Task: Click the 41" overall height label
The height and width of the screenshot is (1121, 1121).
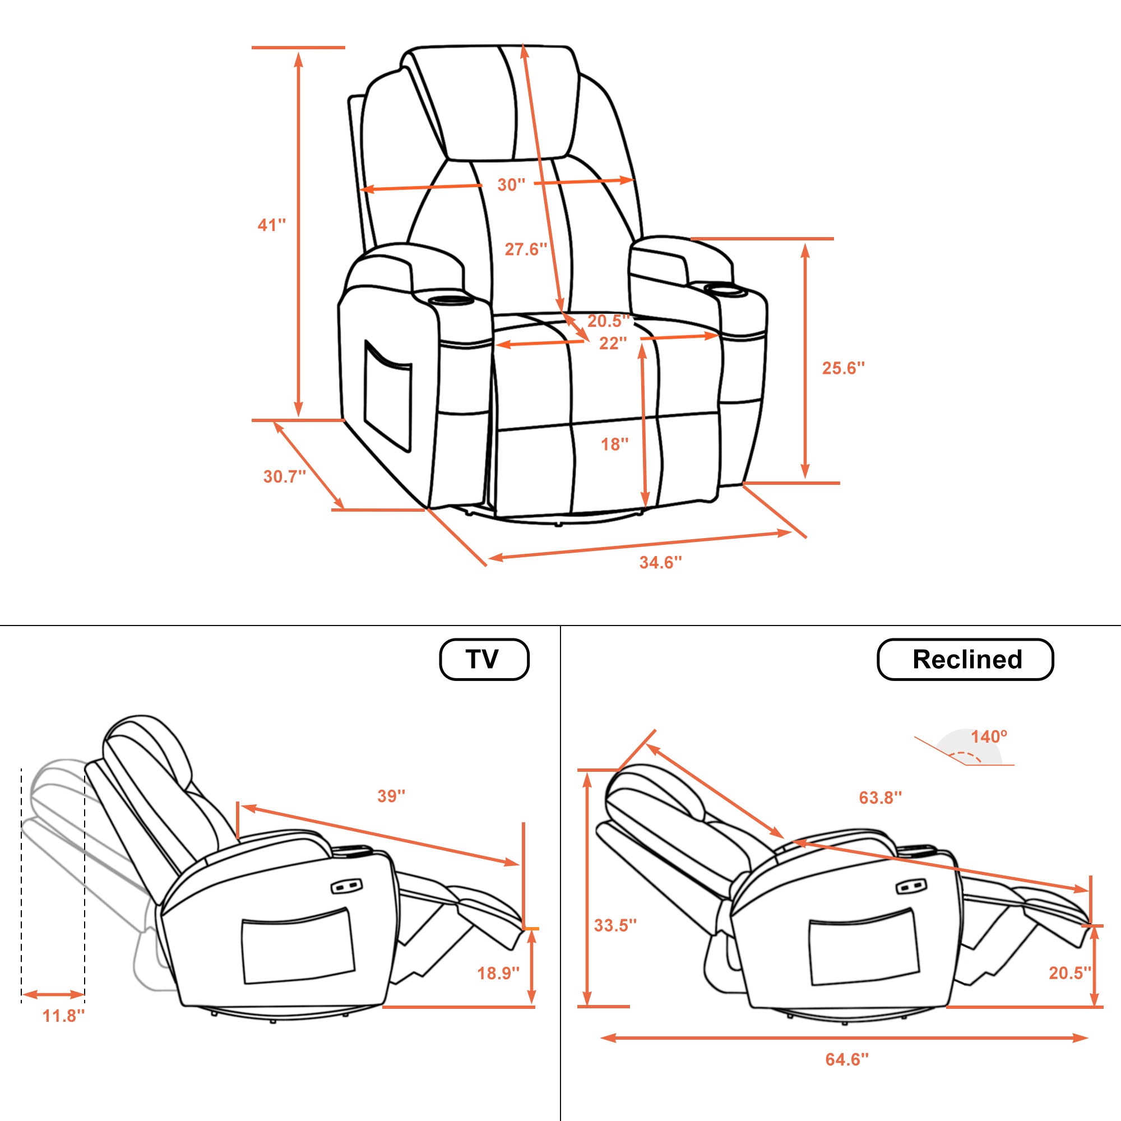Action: (271, 225)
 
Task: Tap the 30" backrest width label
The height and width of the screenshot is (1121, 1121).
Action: (511, 184)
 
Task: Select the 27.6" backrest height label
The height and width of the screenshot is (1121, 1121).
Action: (526, 249)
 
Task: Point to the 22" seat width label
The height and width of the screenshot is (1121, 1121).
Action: (613, 343)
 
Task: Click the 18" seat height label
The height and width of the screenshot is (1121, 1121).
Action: (614, 444)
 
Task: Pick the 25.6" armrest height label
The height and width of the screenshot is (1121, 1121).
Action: (843, 367)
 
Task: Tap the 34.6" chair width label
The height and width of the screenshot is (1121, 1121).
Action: (661, 562)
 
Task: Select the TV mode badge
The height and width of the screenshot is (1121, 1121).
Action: (484, 659)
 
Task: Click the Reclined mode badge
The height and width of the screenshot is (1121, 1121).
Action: (966, 659)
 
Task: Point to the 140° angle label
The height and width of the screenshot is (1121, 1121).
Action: (989, 736)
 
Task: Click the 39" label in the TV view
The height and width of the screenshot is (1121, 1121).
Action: (392, 795)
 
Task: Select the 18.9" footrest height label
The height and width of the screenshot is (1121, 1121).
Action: (498, 973)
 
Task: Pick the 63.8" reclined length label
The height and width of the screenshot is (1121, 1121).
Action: (880, 797)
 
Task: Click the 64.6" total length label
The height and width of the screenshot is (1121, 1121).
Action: (847, 1059)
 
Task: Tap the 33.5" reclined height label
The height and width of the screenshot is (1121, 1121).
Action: (615, 925)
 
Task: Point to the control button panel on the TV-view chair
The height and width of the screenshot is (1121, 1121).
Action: (346, 886)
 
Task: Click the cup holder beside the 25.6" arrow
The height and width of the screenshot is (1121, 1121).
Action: (726, 288)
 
